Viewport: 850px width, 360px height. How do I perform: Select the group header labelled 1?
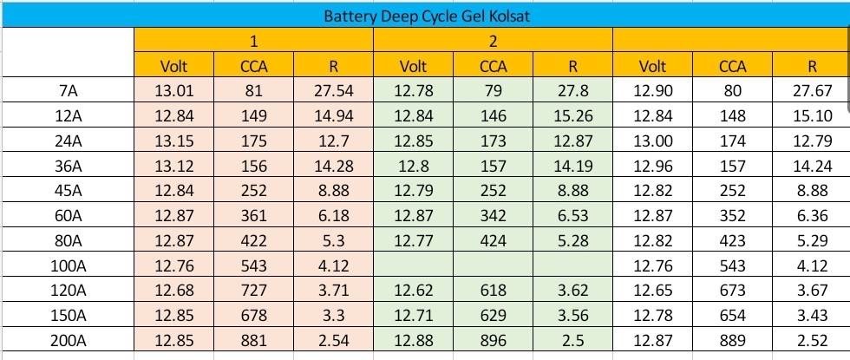[253, 41]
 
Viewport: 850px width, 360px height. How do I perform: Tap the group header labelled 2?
[493, 41]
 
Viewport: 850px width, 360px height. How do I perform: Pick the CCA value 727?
[253, 291]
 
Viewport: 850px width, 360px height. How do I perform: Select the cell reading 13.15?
[173, 141]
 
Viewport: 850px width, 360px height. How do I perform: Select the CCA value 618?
[493, 291]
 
